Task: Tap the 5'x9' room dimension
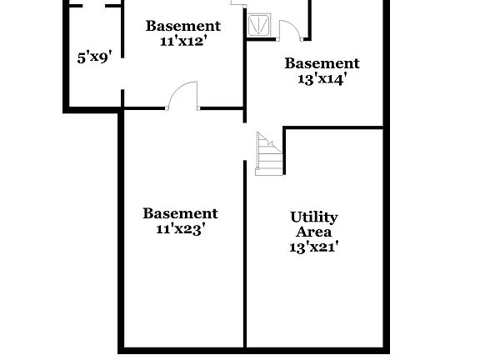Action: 94,57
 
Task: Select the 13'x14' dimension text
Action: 322,79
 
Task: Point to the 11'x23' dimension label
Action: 180,229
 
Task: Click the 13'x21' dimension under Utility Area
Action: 313,247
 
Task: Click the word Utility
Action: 314,217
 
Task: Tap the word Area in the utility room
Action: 314,232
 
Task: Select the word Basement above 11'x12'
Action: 183,26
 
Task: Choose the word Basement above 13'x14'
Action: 322,63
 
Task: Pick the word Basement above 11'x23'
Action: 180,214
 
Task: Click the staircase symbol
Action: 268,153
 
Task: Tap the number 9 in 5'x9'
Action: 103,57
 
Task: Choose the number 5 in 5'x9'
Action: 82,57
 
